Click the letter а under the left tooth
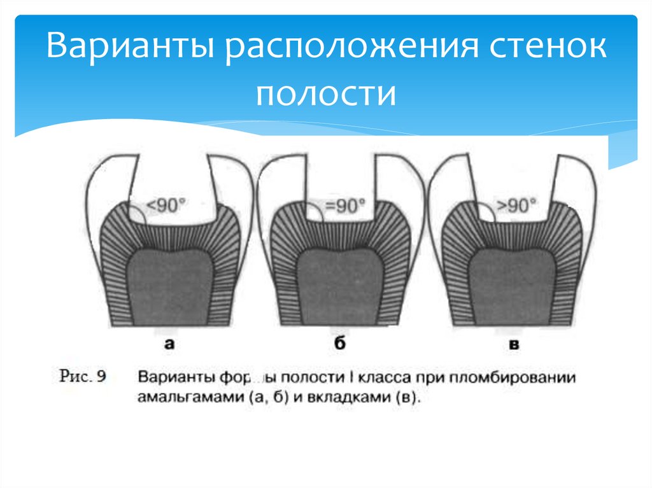point(169,345)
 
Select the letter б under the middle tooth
point(340,345)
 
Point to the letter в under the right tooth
point(514,345)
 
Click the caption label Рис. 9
point(83,377)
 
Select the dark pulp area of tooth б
point(341,286)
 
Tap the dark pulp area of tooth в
point(513,286)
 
